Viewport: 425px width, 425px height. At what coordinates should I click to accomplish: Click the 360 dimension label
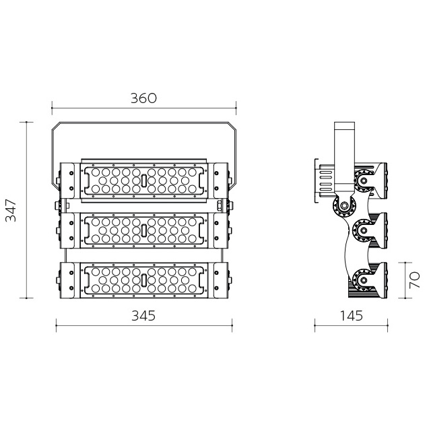(143, 98)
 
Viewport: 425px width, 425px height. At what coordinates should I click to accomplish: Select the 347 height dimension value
(11, 210)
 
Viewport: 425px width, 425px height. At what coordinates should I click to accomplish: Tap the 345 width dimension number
(143, 315)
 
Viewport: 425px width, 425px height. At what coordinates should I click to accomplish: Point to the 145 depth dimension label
(351, 315)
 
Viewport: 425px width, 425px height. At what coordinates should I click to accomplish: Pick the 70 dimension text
(414, 280)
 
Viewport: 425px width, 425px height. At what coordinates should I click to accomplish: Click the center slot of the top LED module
(144, 181)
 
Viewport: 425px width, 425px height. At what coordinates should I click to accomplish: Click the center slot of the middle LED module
(144, 230)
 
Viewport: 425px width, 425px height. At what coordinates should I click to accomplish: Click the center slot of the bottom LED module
(144, 280)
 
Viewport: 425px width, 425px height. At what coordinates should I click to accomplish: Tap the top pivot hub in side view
(363, 180)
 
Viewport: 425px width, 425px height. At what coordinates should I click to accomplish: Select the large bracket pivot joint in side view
(344, 205)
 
